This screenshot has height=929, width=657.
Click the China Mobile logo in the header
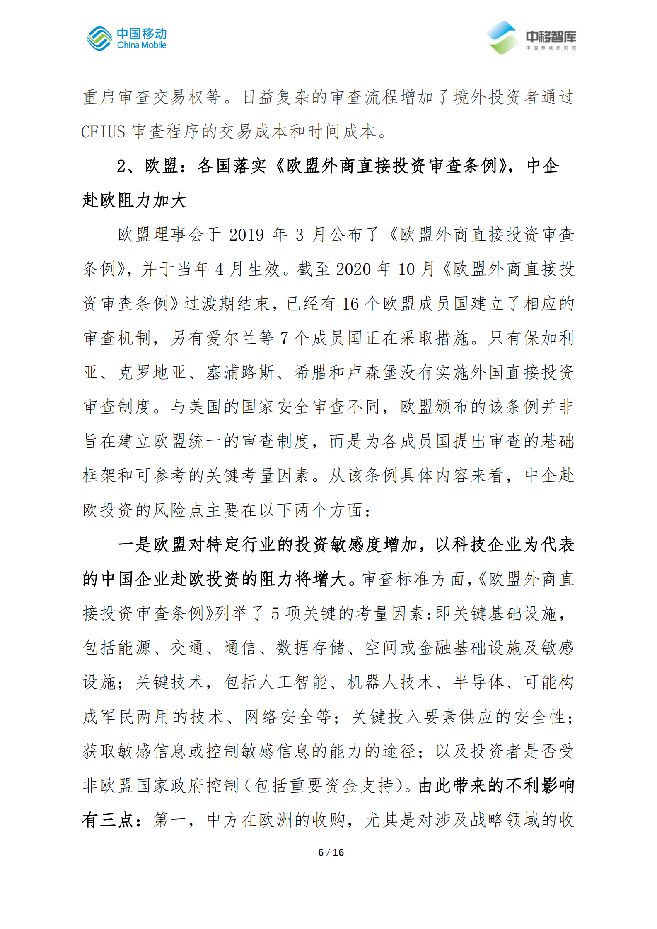pos(127,39)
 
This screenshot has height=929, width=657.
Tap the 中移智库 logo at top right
pos(531,38)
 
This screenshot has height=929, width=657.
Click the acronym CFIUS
pos(103,132)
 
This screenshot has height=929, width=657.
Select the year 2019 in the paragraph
pos(246,235)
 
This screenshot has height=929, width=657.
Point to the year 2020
pos(353,270)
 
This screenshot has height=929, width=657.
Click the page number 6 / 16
pos(331,852)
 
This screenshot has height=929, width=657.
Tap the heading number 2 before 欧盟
pos(122,166)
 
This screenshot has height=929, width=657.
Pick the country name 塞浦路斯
pos(240,373)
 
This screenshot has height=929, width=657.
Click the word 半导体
pos(479,682)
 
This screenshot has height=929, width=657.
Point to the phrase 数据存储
pos(311,648)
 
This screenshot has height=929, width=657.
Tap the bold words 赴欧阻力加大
pos(135,201)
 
